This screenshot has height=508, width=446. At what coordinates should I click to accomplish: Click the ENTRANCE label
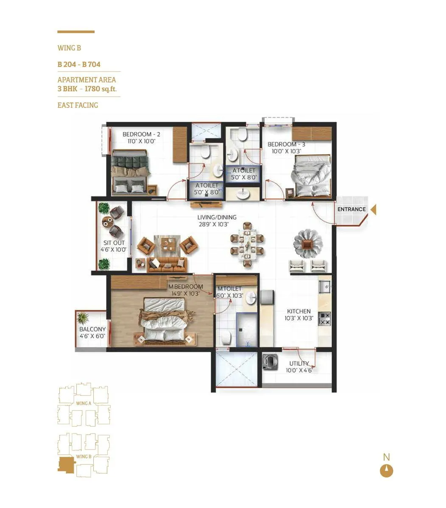(351, 209)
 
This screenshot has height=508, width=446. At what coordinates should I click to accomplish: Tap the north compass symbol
(386, 471)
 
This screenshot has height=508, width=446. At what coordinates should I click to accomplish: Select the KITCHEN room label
(299, 311)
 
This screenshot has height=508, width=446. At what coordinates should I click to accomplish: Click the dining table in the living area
(247, 245)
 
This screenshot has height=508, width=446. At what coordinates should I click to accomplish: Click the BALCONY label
(92, 329)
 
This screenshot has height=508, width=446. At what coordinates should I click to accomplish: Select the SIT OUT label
(114, 243)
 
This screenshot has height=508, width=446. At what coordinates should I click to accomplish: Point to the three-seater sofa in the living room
(167, 265)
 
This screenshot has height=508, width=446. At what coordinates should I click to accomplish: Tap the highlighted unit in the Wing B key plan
(65, 465)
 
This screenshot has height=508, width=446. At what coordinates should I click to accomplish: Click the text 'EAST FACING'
(78, 105)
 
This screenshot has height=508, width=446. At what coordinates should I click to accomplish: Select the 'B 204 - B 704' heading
(79, 65)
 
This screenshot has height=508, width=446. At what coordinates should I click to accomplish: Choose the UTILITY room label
(299, 364)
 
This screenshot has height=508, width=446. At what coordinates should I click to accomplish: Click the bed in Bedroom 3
(312, 175)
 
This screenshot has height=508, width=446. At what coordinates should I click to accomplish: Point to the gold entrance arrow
(373, 210)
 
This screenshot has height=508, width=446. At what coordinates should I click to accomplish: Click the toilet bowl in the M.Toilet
(225, 337)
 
